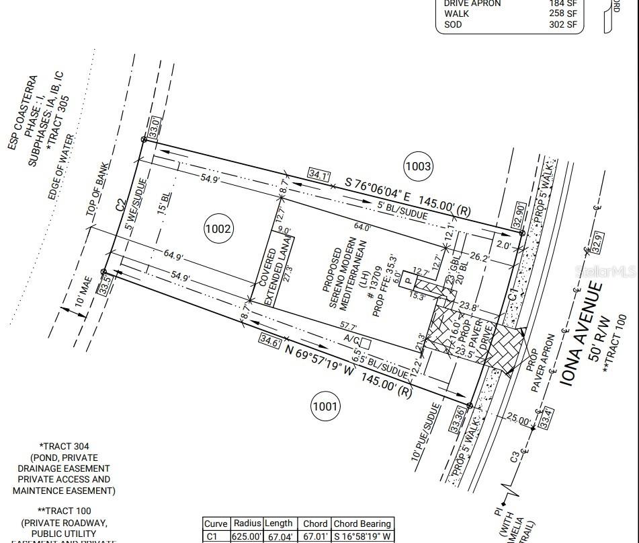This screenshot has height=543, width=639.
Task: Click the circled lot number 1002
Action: (x=218, y=229)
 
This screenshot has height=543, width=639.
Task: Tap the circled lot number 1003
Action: (x=418, y=166)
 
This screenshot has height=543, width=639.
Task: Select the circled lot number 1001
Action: (x=325, y=406)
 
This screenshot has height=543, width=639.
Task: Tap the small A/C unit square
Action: (x=365, y=343)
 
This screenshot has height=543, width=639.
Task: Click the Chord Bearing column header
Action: (x=361, y=523)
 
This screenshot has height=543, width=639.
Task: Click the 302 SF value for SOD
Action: (x=563, y=25)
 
